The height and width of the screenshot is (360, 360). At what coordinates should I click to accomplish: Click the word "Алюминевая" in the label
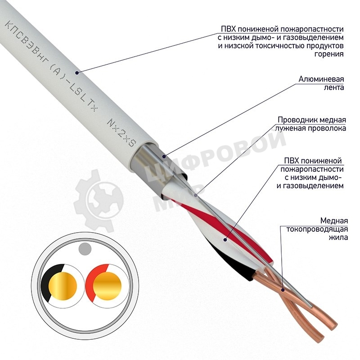321,79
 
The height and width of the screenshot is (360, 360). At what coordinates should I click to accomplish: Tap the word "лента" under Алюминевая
333,88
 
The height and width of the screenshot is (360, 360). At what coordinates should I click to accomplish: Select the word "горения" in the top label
329,54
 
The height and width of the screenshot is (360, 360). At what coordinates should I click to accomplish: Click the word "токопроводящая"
317,229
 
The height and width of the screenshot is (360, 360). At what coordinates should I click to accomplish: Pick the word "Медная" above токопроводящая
334,221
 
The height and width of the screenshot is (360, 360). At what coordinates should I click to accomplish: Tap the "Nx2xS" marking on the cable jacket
122,133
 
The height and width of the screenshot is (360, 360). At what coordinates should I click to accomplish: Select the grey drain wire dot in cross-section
85,249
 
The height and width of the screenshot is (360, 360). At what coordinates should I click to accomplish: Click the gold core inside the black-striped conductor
63,286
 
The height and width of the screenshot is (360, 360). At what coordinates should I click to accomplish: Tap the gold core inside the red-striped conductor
107,286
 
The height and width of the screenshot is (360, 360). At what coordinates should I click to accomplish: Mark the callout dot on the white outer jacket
77,73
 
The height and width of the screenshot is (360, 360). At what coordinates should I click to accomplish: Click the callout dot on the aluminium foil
164,157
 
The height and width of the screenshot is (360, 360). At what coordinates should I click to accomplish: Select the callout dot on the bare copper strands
283,290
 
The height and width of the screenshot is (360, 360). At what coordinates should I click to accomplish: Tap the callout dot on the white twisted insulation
225,240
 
